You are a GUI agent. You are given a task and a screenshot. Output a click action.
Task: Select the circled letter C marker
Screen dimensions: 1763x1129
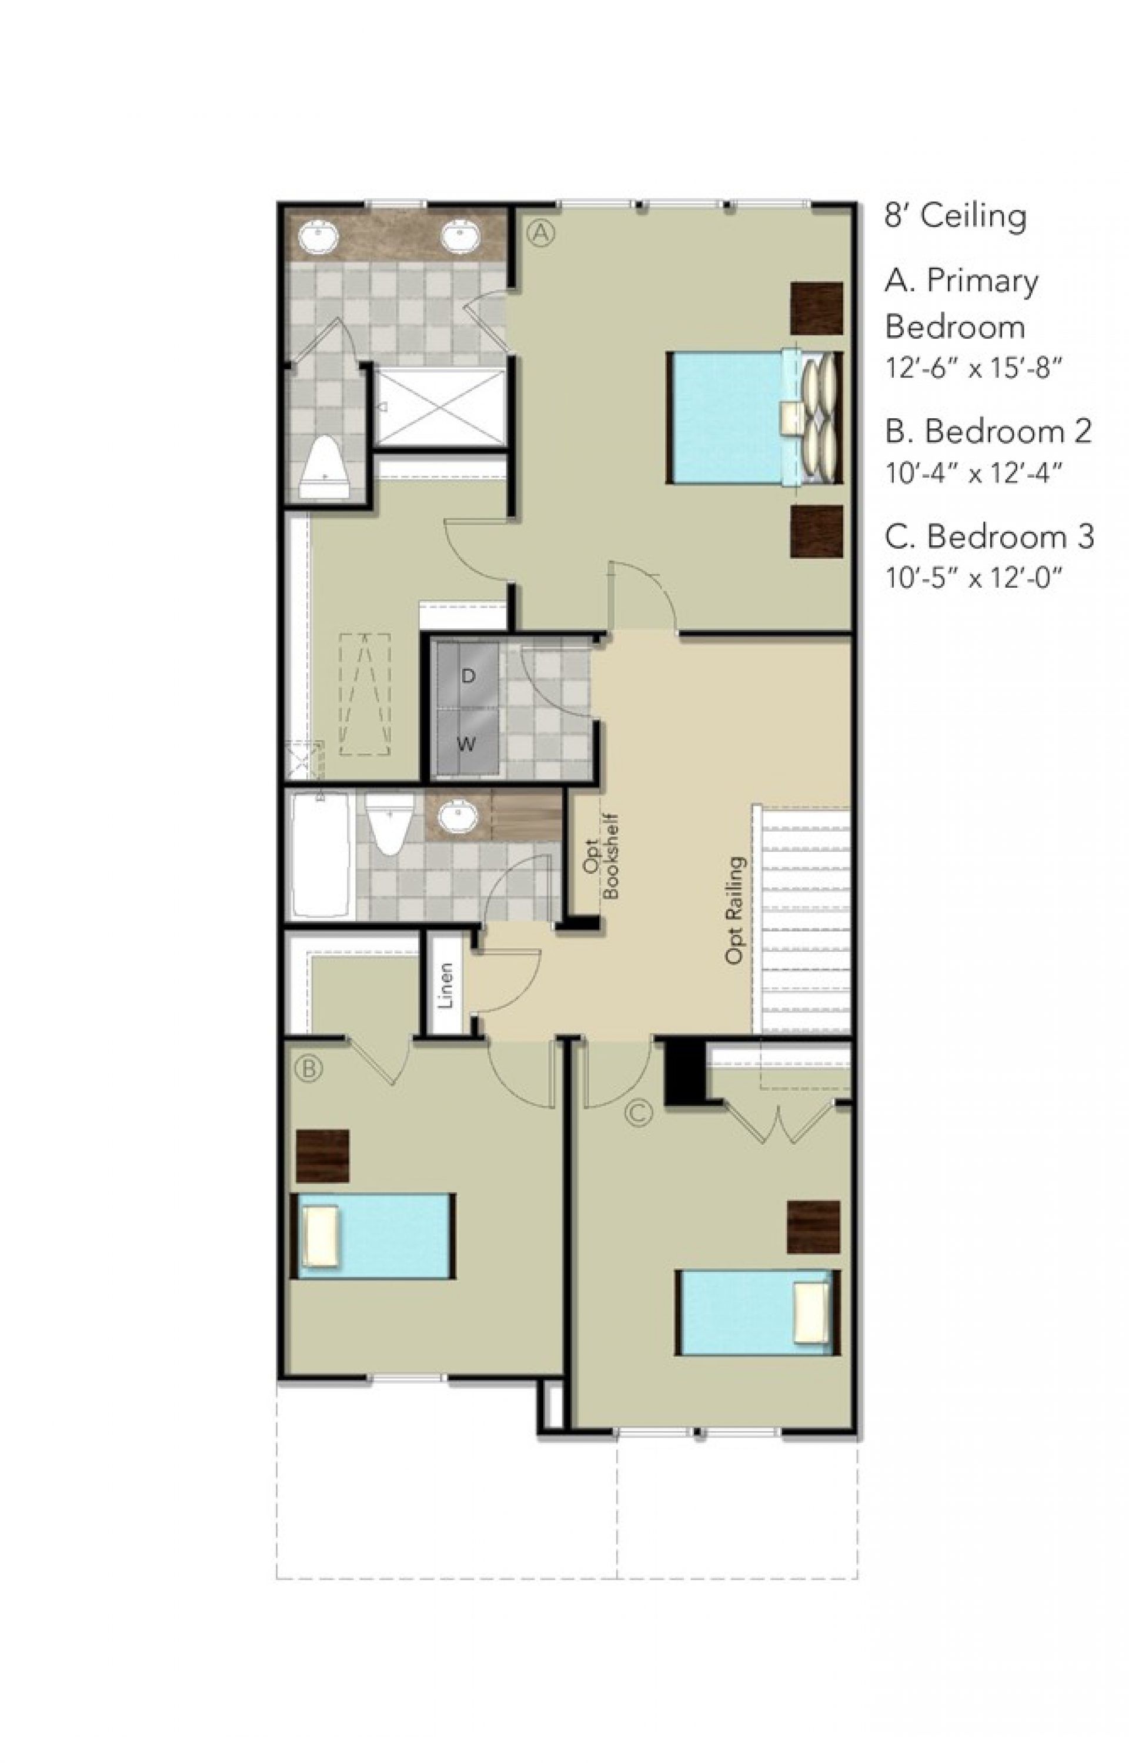pos(638,1112)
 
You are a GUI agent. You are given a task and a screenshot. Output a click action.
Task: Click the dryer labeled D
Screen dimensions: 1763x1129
pos(467,676)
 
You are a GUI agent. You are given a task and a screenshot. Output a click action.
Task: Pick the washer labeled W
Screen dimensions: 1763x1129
pos(466,744)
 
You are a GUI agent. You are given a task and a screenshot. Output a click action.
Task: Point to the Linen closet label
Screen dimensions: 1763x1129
pos(445,985)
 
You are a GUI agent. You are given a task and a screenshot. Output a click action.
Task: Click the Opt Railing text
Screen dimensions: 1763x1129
pos(734,910)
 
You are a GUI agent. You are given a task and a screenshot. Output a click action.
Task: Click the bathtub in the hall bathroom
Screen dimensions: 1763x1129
pos(321,855)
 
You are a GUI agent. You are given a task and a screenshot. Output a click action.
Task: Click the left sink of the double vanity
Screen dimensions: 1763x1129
pos(318,238)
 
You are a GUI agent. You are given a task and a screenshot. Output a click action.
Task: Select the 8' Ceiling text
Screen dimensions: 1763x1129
pos(954,216)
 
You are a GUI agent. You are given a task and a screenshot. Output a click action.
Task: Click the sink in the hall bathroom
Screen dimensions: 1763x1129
pos(458,814)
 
